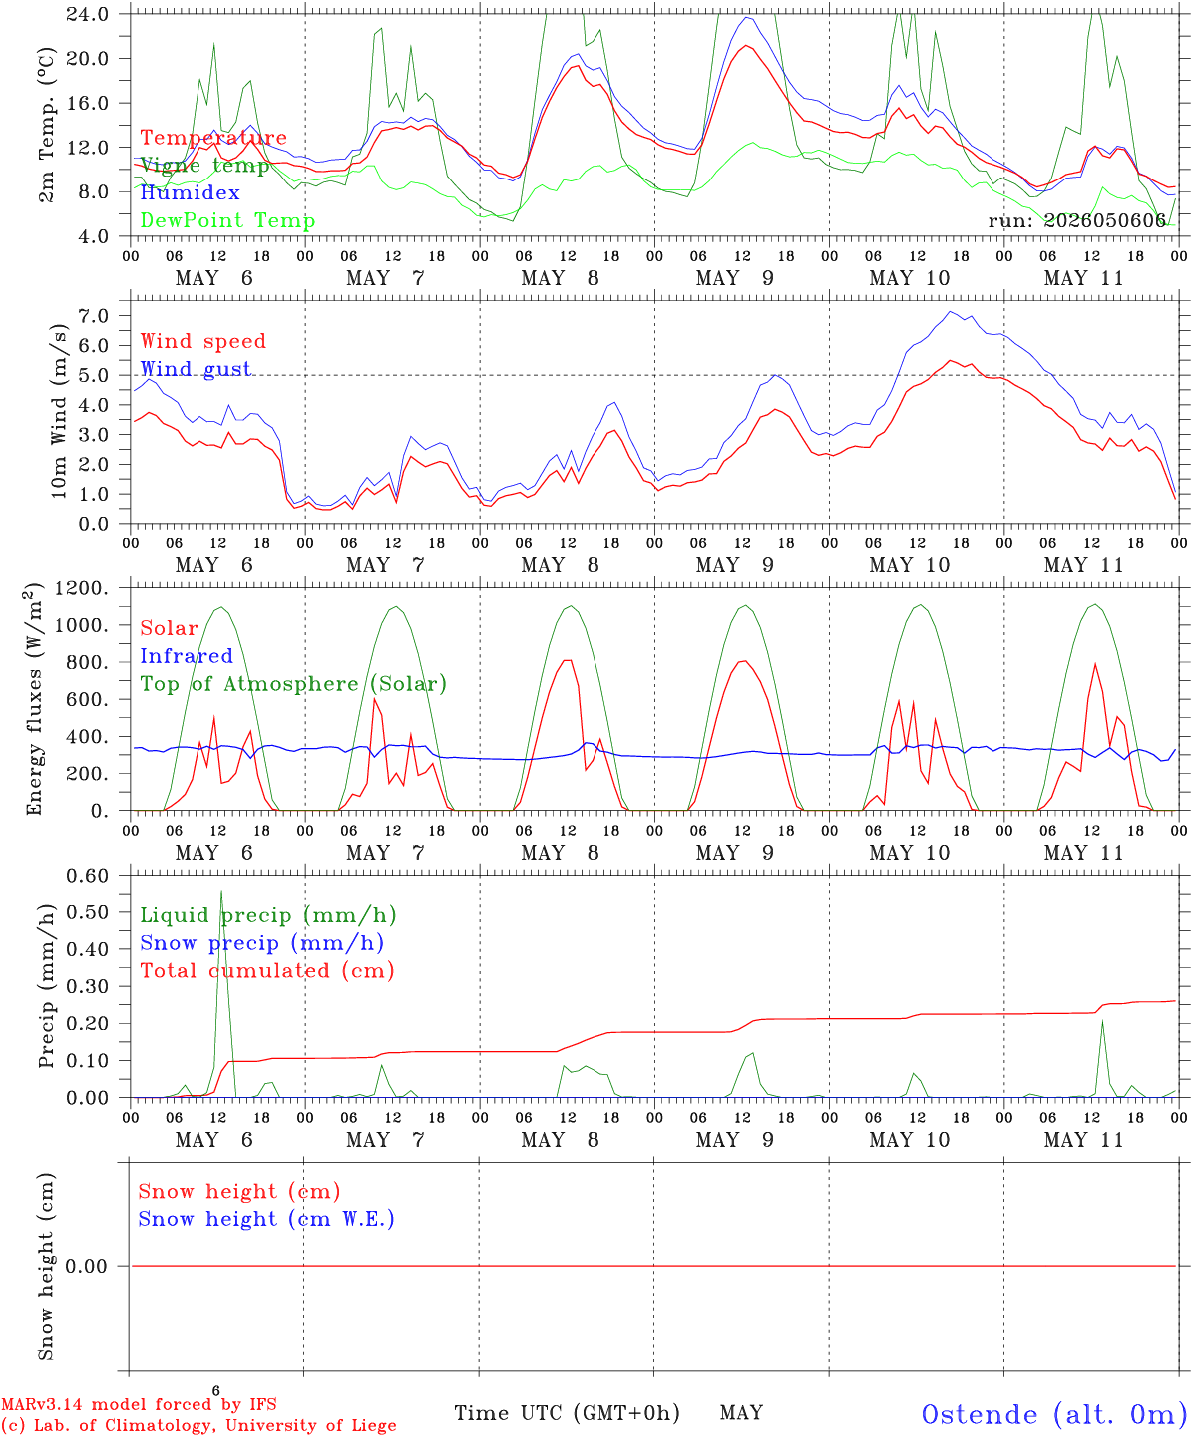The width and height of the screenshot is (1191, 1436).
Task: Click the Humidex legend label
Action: click(x=190, y=192)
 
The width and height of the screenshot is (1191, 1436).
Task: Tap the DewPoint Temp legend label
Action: click(x=227, y=220)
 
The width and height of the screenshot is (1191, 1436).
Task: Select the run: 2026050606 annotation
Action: click(x=1076, y=220)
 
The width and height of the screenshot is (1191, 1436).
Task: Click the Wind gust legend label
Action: click(x=197, y=369)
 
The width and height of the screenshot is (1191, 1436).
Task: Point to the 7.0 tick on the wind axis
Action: click(x=94, y=316)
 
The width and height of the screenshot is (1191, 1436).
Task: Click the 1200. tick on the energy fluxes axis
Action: click(x=82, y=588)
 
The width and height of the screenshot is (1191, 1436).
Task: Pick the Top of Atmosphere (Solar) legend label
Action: click(x=294, y=684)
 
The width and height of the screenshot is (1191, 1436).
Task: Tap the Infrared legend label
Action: click(x=187, y=656)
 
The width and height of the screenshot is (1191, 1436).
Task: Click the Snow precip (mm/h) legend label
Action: click(x=261, y=943)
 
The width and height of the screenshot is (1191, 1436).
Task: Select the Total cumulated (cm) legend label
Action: click(x=267, y=971)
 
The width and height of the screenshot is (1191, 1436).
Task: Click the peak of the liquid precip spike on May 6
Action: click(x=220, y=891)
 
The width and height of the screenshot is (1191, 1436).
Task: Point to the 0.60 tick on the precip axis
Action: click(x=88, y=876)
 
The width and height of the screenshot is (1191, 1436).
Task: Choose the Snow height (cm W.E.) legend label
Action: click(x=266, y=1219)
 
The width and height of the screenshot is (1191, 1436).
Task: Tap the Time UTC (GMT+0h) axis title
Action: click(x=567, y=1413)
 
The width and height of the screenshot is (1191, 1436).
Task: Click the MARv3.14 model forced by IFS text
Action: click(x=139, y=1404)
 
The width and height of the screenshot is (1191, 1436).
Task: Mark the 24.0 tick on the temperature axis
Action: click(x=88, y=14)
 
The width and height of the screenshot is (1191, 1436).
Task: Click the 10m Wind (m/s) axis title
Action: click(x=59, y=411)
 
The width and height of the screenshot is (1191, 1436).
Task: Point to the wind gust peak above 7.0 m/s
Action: click(x=951, y=311)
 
